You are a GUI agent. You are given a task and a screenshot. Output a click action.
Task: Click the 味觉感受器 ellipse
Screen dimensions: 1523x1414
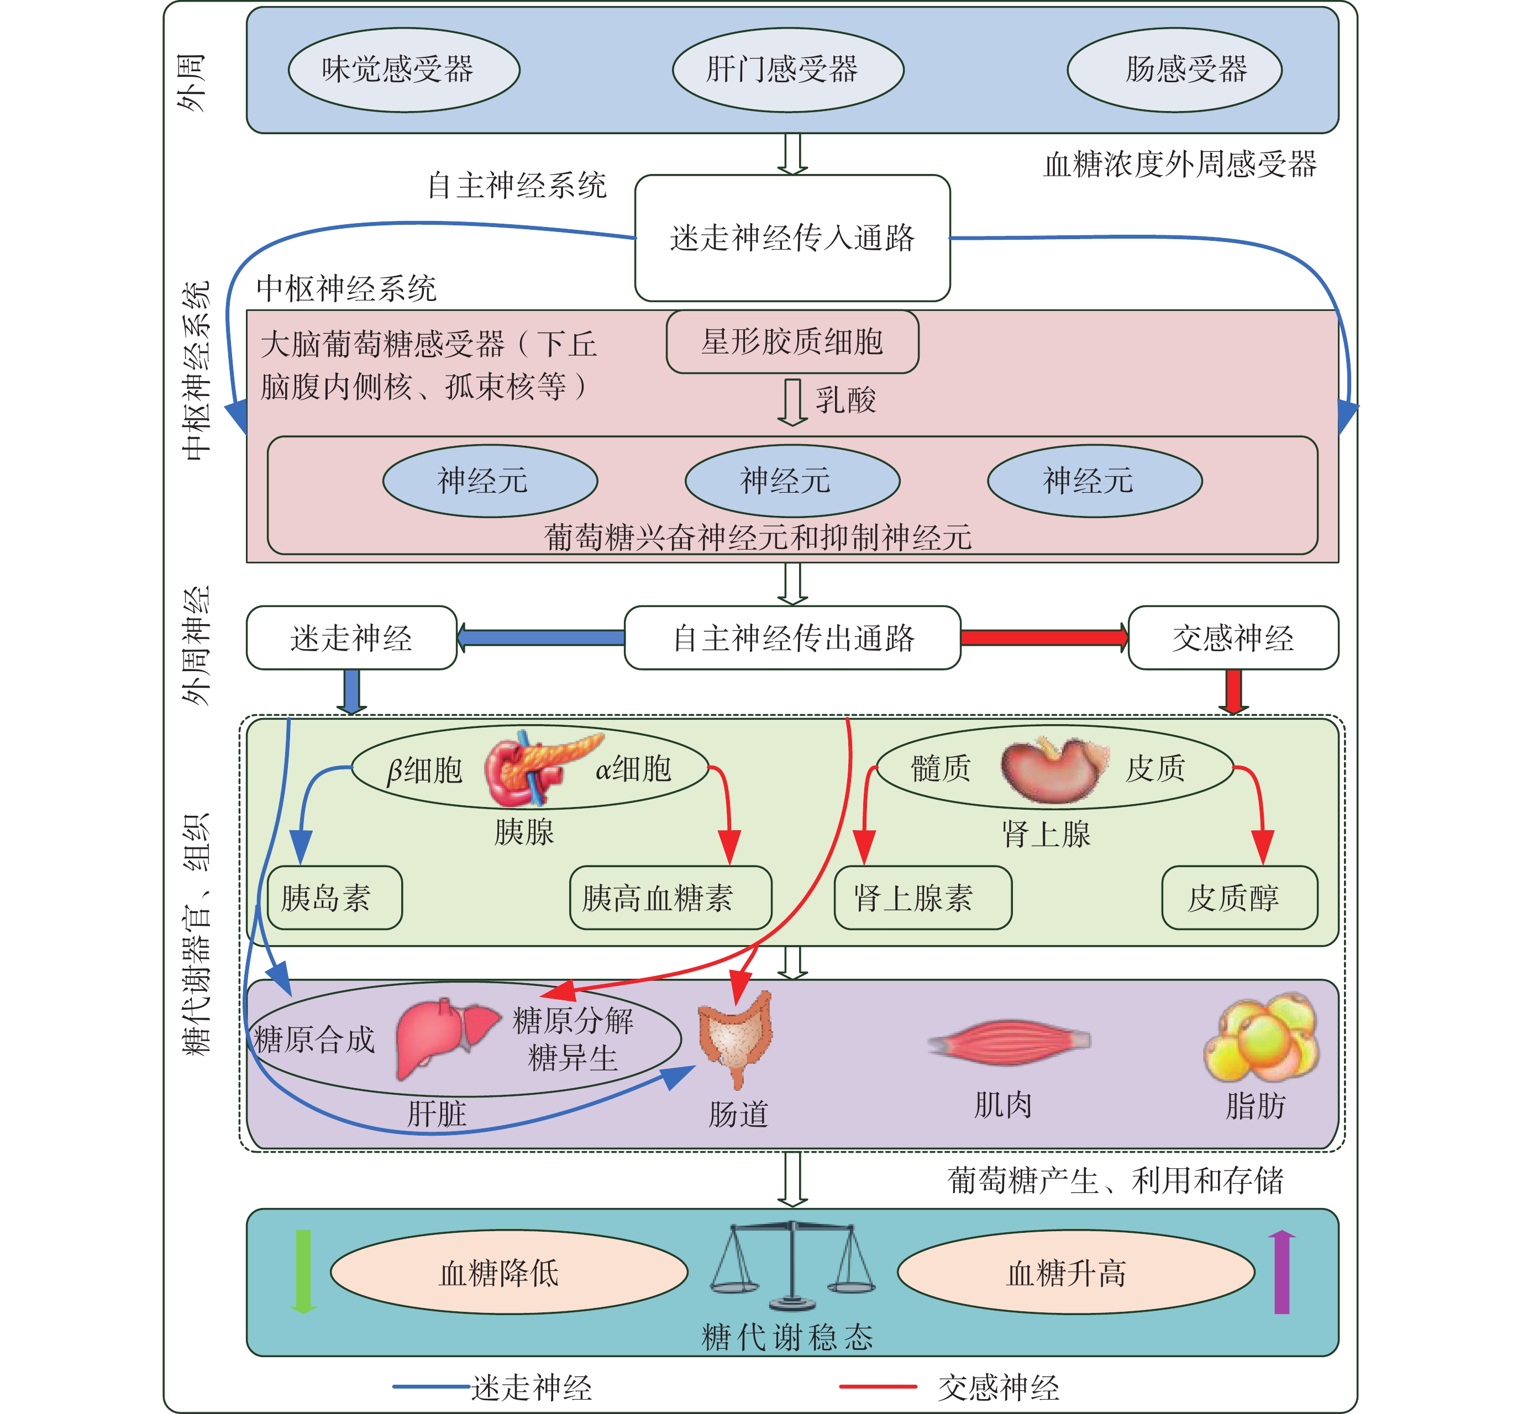(404, 70)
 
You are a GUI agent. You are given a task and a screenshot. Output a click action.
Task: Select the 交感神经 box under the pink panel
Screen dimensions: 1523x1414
(1233, 637)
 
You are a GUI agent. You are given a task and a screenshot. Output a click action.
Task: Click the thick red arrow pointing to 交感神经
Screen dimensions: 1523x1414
(1044, 637)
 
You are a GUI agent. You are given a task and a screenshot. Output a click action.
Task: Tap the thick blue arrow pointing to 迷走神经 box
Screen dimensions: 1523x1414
(540, 637)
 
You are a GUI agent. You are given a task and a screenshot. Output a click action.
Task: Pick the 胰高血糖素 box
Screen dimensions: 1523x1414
(670, 898)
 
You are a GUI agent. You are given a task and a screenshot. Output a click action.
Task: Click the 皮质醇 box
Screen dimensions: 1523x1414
(1240, 898)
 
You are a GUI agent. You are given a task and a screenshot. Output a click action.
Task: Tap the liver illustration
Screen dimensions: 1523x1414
(445, 1038)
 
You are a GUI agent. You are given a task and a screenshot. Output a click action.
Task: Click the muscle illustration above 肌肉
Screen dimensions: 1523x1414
(1009, 1041)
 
